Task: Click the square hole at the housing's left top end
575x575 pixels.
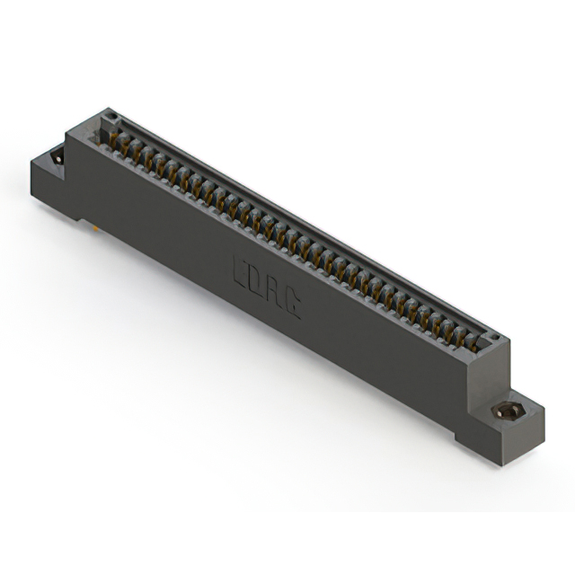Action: (110, 117)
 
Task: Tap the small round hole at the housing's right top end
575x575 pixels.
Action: (491, 339)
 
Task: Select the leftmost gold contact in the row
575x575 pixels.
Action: (115, 138)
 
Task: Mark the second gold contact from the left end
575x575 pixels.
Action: (128, 146)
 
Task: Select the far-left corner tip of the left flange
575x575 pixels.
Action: (31, 161)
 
